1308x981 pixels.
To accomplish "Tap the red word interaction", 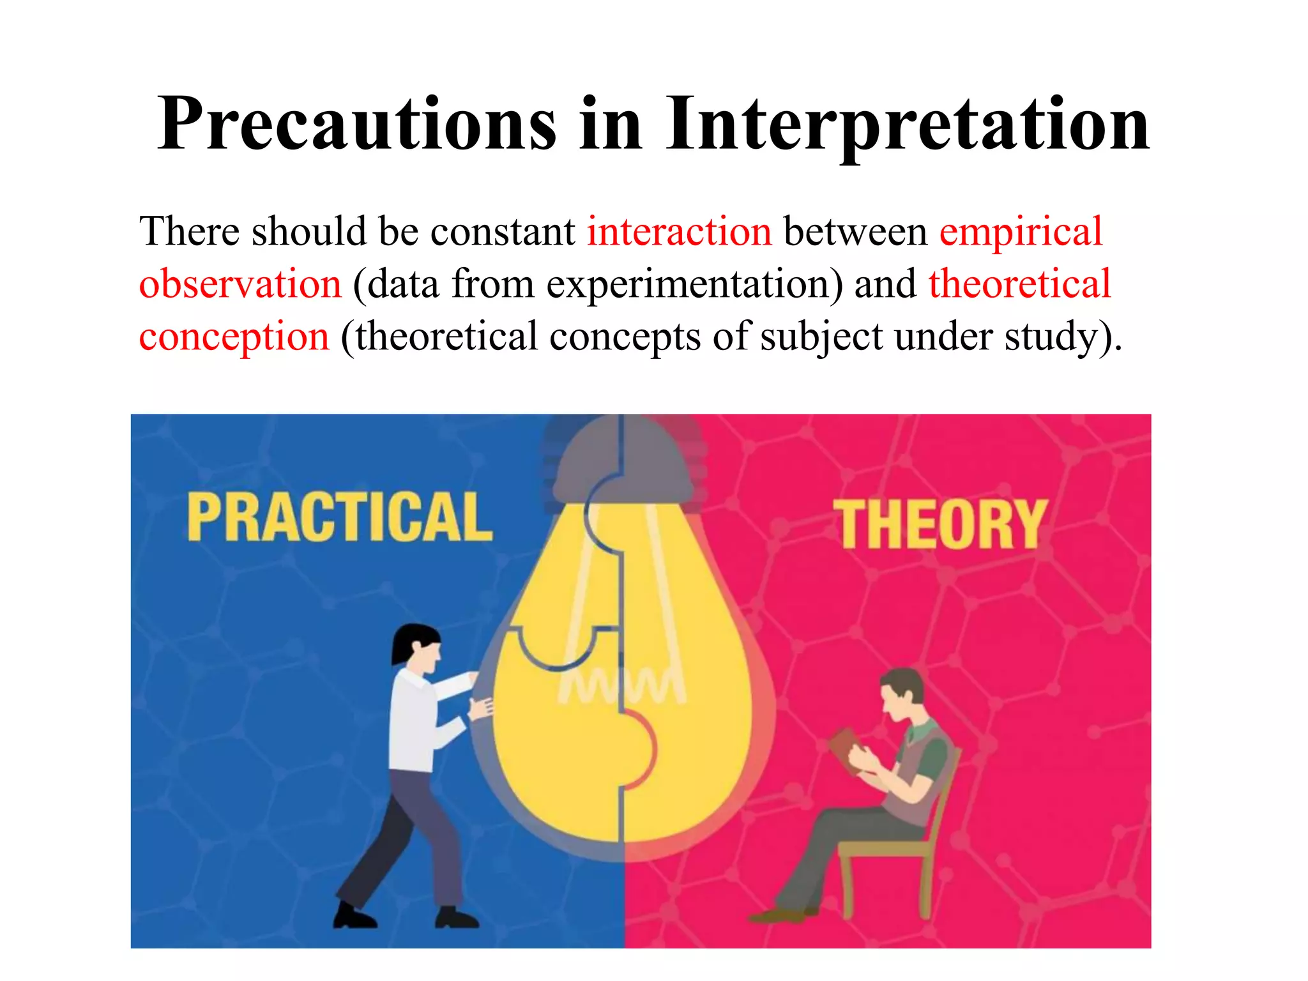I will click(679, 231).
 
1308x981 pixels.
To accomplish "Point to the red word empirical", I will click(1021, 232).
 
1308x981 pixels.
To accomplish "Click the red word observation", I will click(240, 284).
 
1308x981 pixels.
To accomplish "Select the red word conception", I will click(234, 337).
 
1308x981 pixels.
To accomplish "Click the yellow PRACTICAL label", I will click(339, 517).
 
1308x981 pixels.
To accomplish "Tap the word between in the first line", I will click(855, 231).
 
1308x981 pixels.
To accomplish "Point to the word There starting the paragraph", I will click(190, 231).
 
